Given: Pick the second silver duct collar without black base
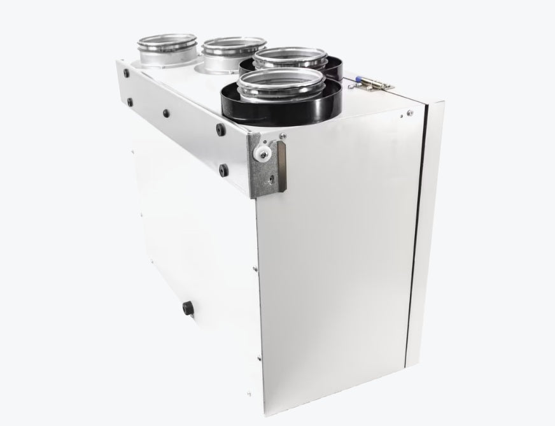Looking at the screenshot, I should pos(233,48).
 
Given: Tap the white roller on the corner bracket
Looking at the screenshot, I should pos(261,153).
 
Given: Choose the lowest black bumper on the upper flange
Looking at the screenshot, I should pos(223,169).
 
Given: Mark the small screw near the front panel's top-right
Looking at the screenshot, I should pos(400,116).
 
